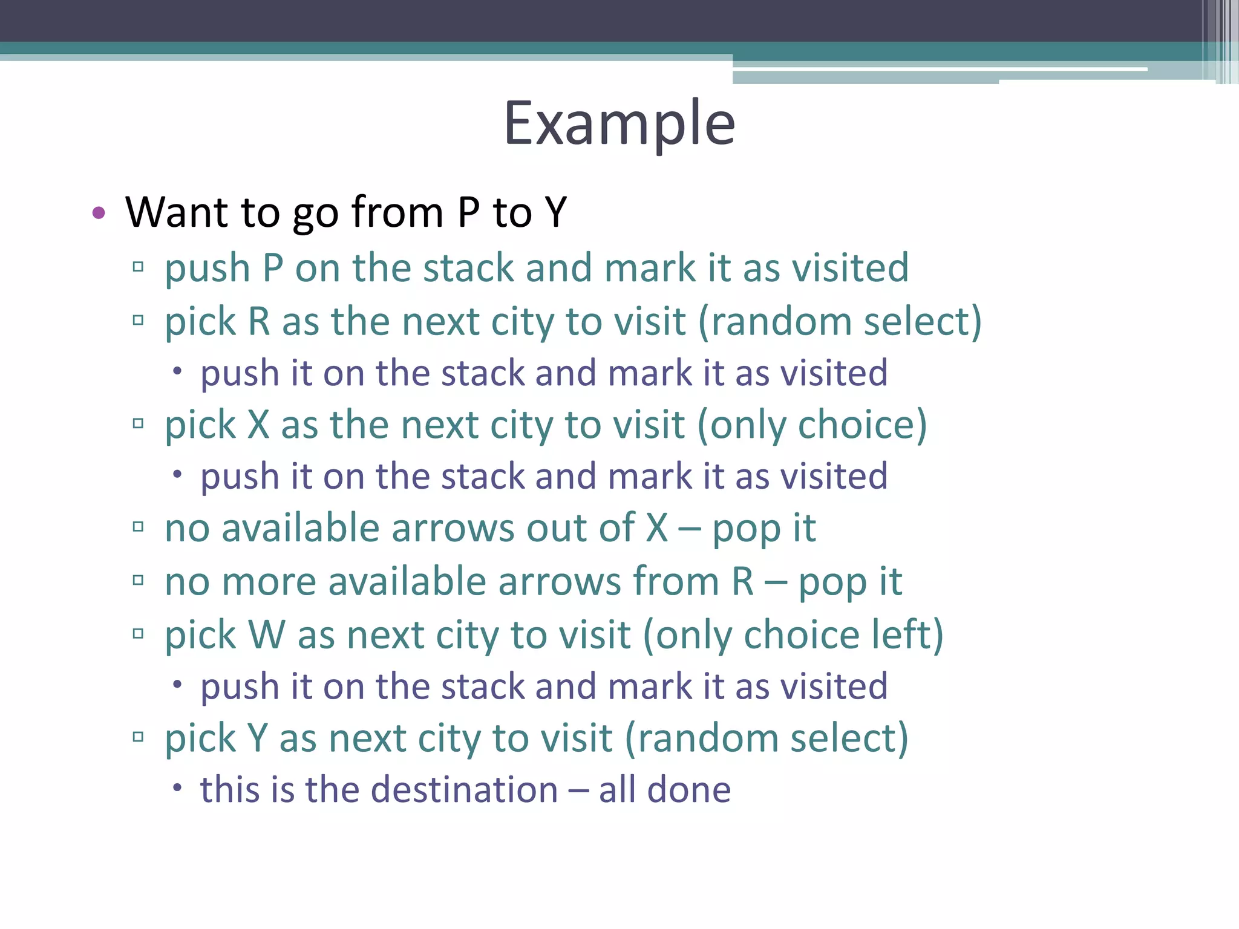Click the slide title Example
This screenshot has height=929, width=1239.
619,124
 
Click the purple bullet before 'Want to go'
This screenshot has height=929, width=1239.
99,212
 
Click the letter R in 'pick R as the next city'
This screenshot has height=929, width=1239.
259,321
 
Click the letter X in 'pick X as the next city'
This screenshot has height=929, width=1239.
258,425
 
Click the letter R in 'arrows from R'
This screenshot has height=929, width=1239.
743,582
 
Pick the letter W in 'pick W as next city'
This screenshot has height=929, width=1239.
267,635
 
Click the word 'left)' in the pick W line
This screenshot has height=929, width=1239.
907,635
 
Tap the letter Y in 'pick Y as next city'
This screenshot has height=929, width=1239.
258,738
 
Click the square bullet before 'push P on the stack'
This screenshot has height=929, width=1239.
138,267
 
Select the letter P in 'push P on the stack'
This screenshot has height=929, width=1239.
273,268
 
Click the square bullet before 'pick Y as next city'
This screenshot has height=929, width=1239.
138,737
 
